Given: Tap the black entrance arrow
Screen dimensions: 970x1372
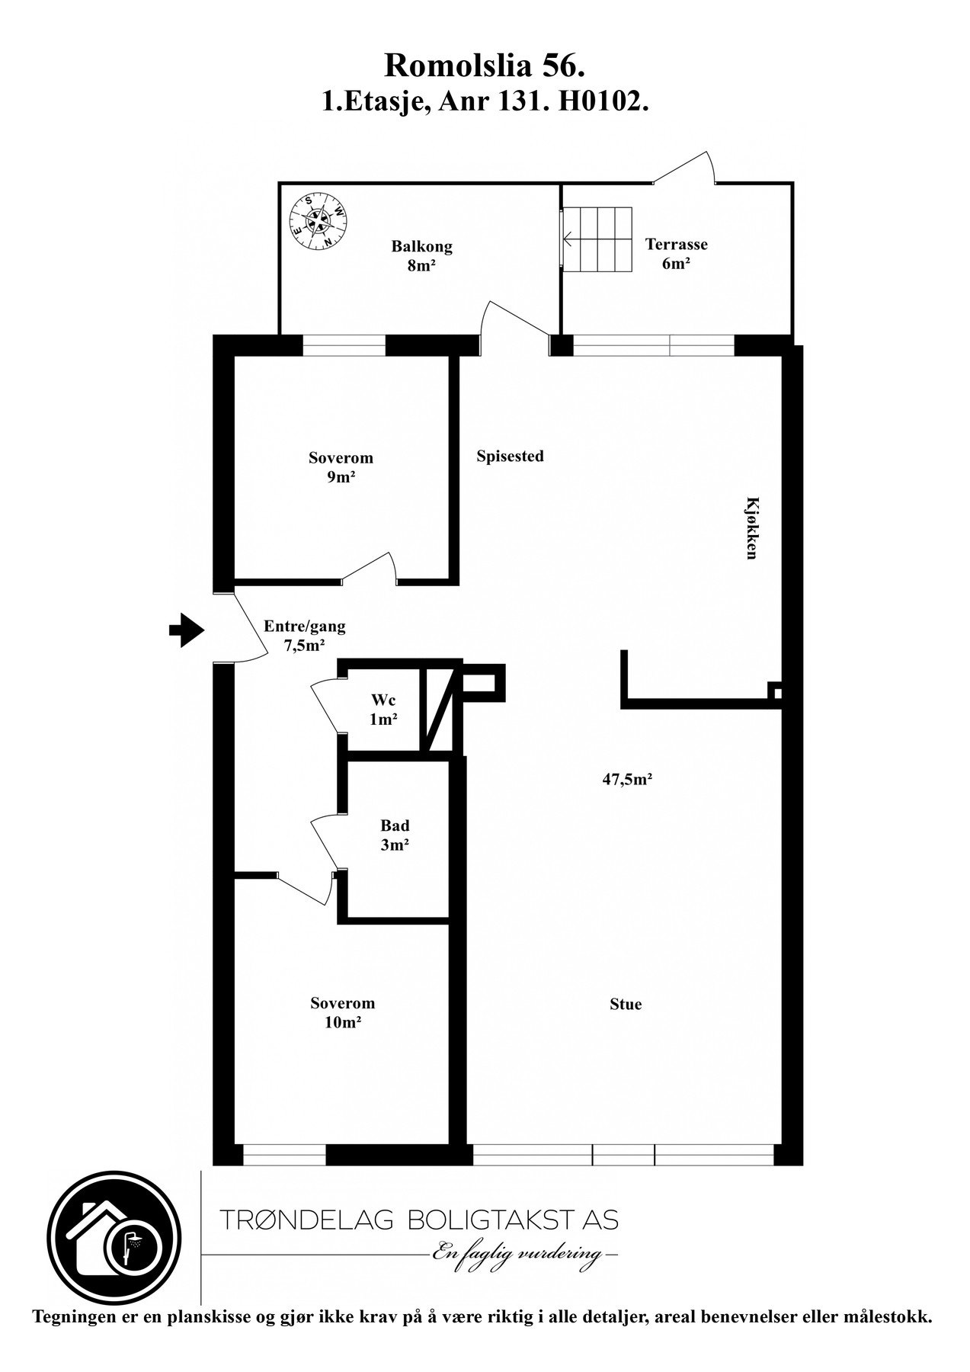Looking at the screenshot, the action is click(x=187, y=630).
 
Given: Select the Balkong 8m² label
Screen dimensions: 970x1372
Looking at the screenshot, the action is click(x=421, y=256).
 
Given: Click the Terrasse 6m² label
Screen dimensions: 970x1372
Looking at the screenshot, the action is click(x=677, y=254).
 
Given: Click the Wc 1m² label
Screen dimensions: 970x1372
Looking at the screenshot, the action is click(x=383, y=709).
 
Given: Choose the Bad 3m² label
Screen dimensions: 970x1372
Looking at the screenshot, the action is click(x=395, y=835).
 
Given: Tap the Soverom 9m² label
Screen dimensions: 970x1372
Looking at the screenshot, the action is click(x=341, y=467).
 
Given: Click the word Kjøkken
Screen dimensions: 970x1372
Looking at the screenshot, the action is click(x=751, y=528).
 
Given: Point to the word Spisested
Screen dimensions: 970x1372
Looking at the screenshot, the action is click(x=510, y=456).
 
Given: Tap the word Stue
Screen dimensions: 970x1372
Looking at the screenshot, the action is click(x=626, y=1004).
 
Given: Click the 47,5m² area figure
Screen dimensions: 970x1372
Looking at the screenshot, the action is click(x=626, y=779).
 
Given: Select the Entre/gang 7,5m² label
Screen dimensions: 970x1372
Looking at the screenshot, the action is click(x=304, y=636).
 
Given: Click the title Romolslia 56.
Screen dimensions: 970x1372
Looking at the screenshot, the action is click(x=485, y=66).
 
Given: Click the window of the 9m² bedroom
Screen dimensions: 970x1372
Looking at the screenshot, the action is click(x=344, y=346).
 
